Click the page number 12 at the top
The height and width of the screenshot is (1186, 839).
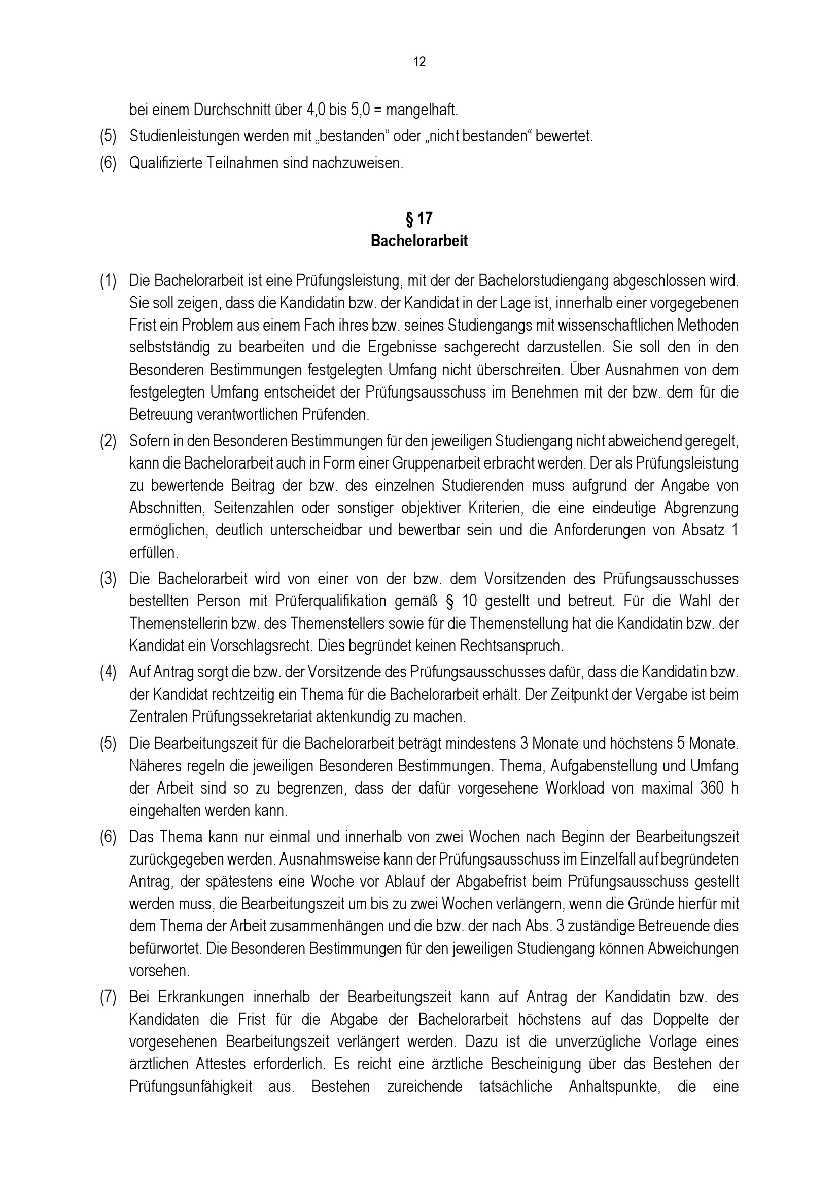click(419, 62)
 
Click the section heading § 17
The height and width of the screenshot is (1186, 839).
click(419, 219)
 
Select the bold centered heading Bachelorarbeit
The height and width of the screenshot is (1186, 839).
click(419, 241)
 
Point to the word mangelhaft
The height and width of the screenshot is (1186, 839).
click(421, 110)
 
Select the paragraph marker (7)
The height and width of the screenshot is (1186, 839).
click(108, 997)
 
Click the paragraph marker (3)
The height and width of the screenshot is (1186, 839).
click(108, 579)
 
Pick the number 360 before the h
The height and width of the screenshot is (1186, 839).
click(712, 789)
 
